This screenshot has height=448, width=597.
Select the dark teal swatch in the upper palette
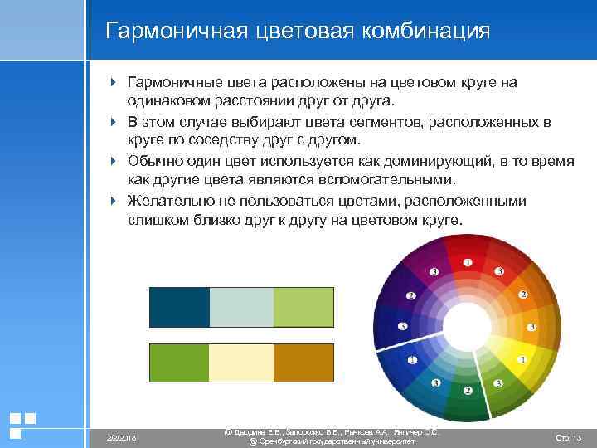(x=179, y=307)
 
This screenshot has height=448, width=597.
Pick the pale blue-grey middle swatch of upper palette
(x=241, y=307)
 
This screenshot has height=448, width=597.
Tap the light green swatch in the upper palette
(x=303, y=307)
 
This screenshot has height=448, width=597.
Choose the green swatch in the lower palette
(x=179, y=363)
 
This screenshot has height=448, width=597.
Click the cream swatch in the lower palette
(x=241, y=363)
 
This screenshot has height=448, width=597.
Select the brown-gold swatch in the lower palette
(x=303, y=363)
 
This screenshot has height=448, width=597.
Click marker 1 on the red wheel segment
(x=467, y=262)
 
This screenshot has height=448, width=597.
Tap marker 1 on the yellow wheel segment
(x=522, y=359)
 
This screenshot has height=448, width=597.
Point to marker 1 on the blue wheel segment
(x=412, y=359)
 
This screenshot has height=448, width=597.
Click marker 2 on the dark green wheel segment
(x=467, y=390)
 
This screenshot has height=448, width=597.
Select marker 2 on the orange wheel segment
(x=522, y=295)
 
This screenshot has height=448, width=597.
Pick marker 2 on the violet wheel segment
(x=410, y=295)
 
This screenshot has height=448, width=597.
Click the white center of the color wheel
(x=467, y=326)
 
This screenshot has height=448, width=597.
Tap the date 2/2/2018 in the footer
(x=121, y=437)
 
